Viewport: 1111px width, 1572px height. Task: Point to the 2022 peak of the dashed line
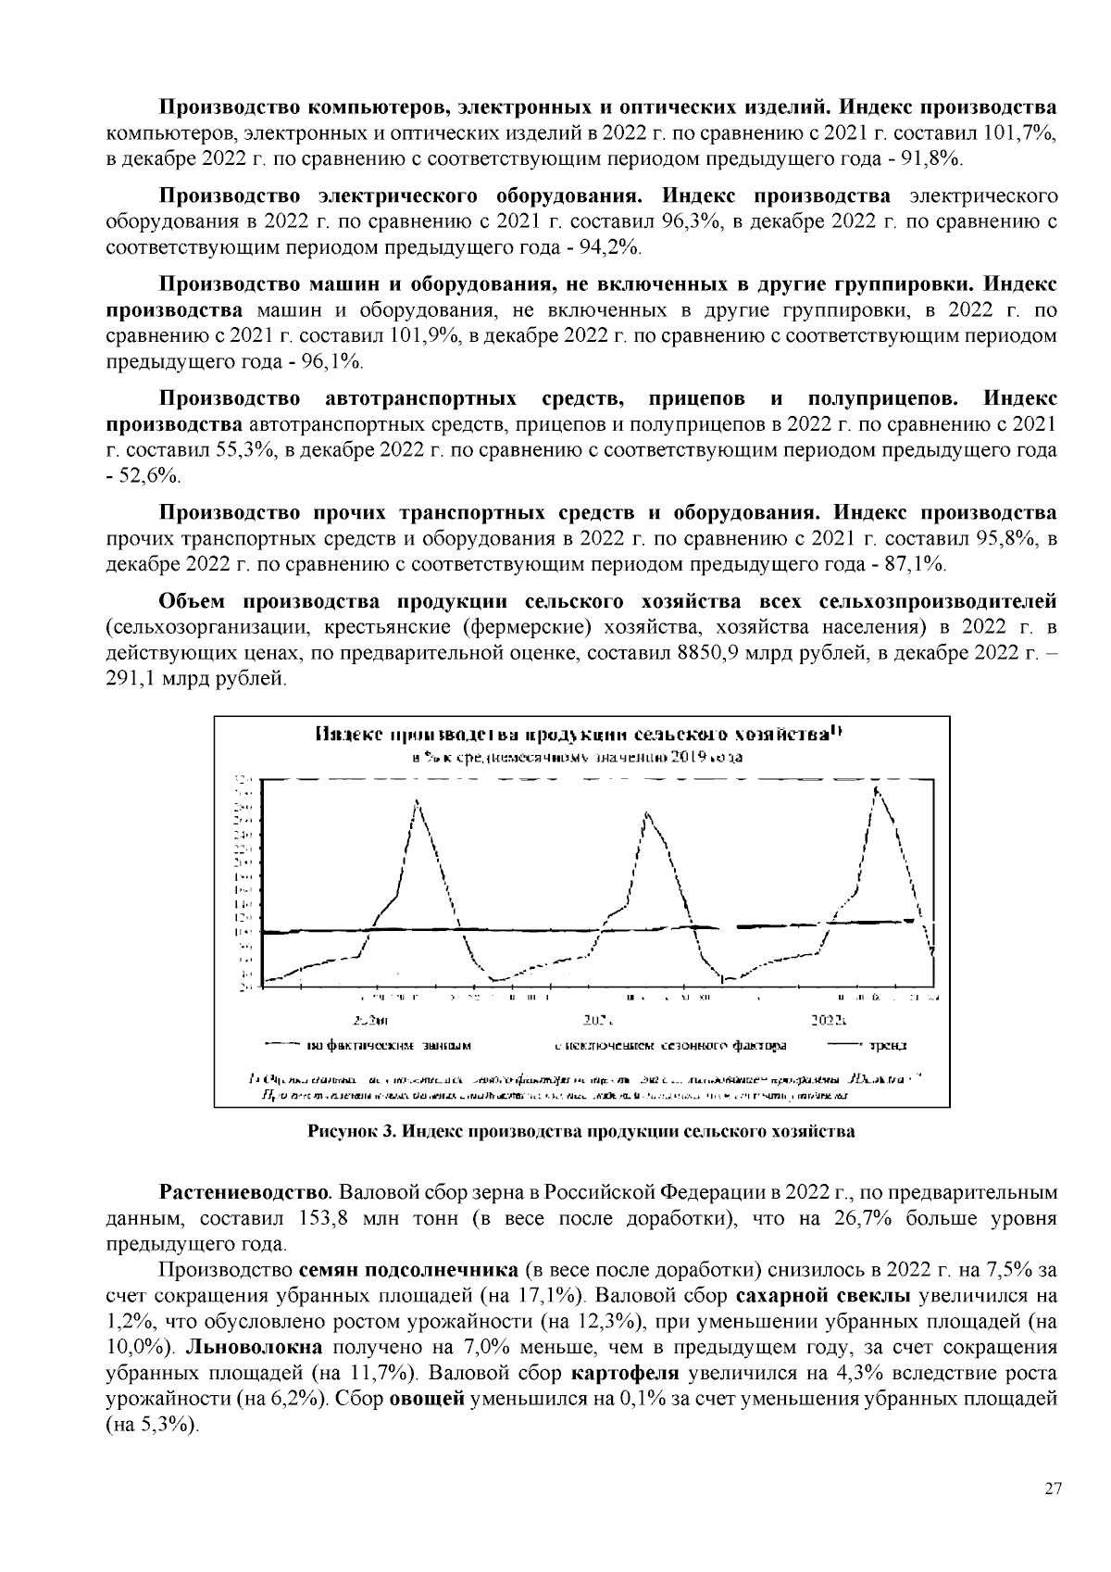[x=875, y=789]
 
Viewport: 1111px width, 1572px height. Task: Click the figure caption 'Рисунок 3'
[x=581, y=1131]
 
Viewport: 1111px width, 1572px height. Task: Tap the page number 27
[x=1053, y=1489]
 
